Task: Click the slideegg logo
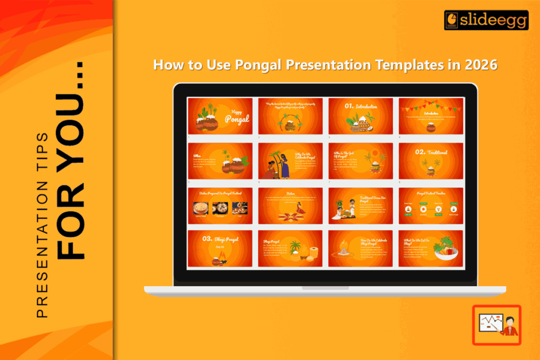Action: coord(486,20)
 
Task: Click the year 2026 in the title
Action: coord(480,65)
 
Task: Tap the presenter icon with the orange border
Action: coord(496,325)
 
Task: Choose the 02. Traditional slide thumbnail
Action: coord(431,161)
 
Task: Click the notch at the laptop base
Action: coord(325,288)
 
